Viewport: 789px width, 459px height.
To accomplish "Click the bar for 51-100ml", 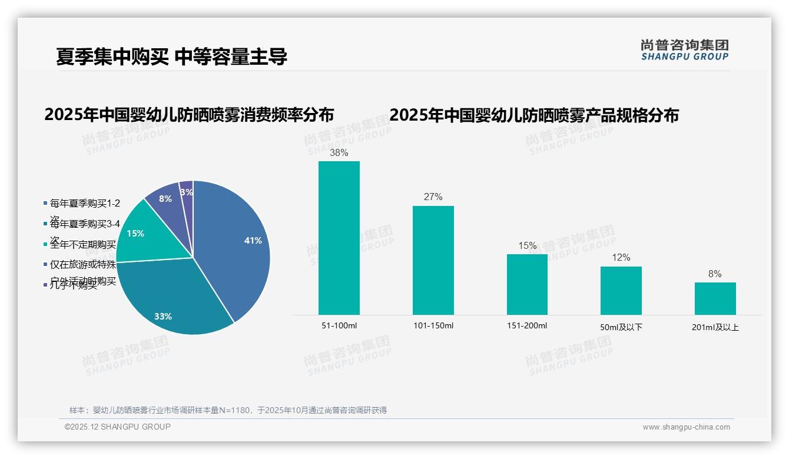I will click(x=339, y=238).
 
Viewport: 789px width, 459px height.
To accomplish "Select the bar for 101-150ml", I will click(x=433, y=260).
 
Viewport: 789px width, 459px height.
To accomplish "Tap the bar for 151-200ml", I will click(x=527, y=284).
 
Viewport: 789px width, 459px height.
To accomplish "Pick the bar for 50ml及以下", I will click(x=621, y=291).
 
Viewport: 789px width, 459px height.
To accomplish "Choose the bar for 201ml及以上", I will click(x=715, y=298).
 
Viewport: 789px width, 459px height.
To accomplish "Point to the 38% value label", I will click(x=339, y=153).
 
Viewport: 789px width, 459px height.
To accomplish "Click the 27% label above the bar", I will click(x=433, y=197).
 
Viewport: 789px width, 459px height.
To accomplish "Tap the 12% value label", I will click(x=621, y=258).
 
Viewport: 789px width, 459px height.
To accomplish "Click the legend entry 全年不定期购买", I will click(x=82, y=245).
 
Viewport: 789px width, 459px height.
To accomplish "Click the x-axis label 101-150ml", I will click(x=433, y=326).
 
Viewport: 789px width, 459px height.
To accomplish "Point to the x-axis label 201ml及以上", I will click(x=715, y=327).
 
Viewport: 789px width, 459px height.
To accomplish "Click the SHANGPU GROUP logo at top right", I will click(x=684, y=50).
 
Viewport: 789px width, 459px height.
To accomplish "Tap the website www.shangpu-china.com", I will click(x=686, y=427).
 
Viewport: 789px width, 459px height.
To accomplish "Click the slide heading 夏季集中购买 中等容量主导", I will click(x=171, y=56).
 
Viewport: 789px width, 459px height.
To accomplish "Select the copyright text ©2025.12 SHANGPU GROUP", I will click(x=118, y=427).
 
